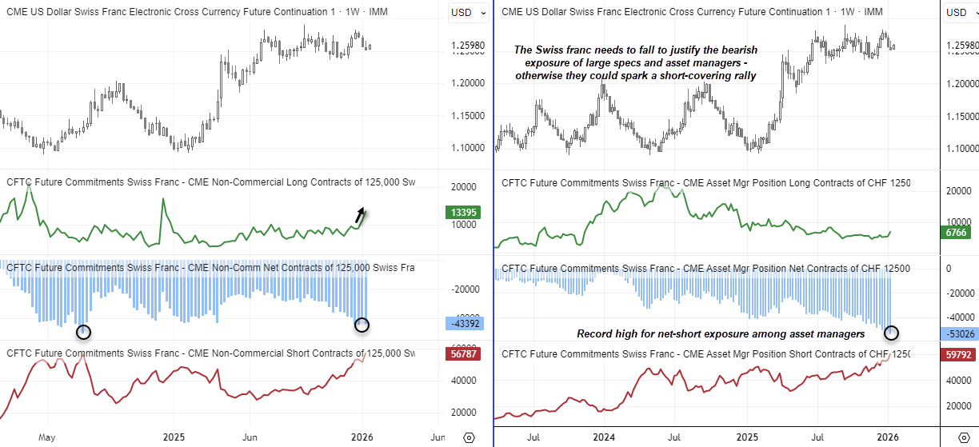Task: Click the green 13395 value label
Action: (464, 213)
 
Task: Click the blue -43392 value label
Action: (464, 324)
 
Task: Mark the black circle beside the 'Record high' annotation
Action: (891, 332)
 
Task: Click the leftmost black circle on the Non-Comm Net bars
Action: (83, 331)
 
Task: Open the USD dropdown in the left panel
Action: (469, 12)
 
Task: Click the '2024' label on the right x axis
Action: (604, 437)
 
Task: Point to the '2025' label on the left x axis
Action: (174, 437)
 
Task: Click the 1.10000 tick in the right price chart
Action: (962, 149)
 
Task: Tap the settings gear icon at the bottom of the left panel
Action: (470, 437)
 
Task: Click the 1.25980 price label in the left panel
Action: (469, 45)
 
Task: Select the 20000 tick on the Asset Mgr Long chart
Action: (959, 191)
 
